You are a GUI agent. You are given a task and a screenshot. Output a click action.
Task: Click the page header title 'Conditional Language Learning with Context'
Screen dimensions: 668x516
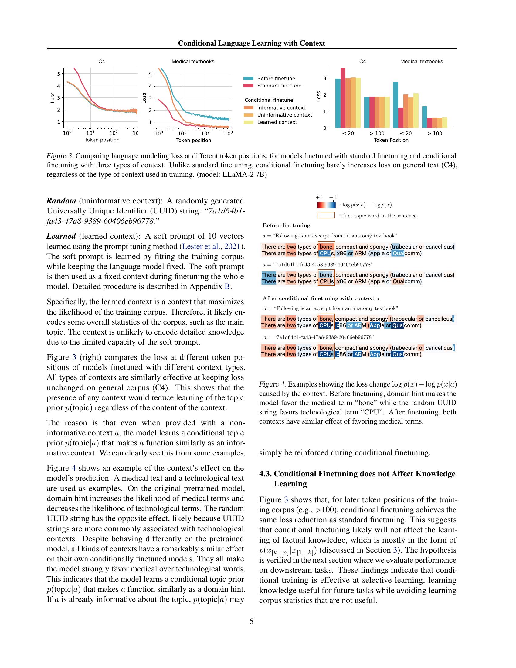[x=251, y=43]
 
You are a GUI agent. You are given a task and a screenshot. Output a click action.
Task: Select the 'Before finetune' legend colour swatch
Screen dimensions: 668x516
[x=248, y=79]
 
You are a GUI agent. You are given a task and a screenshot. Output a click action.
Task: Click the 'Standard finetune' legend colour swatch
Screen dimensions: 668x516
[x=248, y=86]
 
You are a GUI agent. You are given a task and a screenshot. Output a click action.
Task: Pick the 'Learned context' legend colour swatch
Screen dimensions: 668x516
[x=248, y=122]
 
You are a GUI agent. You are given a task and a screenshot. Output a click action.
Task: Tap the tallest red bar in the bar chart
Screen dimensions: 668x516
[x=343, y=98]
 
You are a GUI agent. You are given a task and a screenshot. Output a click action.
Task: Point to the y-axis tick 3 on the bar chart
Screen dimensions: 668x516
[x=325, y=78]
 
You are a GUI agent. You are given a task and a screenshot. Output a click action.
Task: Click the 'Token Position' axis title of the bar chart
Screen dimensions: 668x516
[x=391, y=140]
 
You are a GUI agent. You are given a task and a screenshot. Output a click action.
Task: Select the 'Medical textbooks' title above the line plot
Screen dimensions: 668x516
[x=192, y=61]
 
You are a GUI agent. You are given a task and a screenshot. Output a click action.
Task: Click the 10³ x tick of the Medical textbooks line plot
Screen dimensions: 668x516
[x=228, y=133]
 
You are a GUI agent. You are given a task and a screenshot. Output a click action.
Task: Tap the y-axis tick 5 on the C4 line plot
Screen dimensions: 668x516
[x=58, y=74]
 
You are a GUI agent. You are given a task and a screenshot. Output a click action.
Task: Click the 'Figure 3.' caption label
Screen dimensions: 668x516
[x=60, y=156]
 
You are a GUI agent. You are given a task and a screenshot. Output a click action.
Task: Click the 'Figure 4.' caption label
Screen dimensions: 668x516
[x=272, y=384]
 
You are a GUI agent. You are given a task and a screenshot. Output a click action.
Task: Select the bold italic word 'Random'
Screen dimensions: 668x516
[x=61, y=201]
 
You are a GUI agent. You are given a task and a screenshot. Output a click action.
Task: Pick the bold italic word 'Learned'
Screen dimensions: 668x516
[x=61, y=236]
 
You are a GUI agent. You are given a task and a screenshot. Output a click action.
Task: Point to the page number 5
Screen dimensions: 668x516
[x=251, y=621]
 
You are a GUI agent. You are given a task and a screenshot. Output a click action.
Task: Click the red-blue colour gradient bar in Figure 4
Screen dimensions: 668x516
[x=326, y=205]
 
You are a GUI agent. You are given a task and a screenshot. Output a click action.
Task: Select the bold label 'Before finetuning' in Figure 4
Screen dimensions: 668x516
[x=286, y=225]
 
